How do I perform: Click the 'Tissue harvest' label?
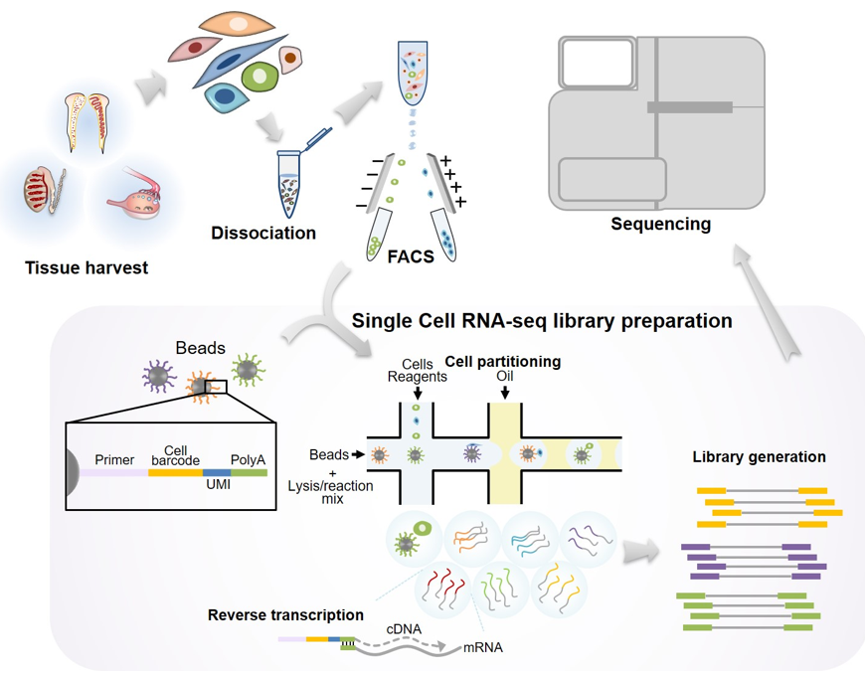pyautogui.click(x=86, y=267)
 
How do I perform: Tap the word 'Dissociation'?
pyautogui.click(x=263, y=233)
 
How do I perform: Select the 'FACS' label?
pyautogui.click(x=411, y=256)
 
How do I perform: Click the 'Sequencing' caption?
pyautogui.click(x=661, y=224)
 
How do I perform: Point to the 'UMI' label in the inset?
pyautogui.click(x=218, y=484)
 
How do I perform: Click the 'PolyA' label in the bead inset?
pyautogui.click(x=248, y=459)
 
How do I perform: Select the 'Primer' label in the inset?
pyautogui.click(x=114, y=459)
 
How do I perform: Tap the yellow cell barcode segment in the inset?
pyautogui.click(x=175, y=473)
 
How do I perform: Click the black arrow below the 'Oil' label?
pyautogui.click(x=505, y=393)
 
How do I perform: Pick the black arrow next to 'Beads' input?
pyautogui.click(x=358, y=454)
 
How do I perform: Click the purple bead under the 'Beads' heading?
pyautogui.click(x=159, y=377)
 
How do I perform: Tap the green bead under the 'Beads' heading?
pyautogui.click(x=248, y=370)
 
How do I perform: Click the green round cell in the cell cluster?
pyautogui.click(x=259, y=77)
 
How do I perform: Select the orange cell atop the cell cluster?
pyautogui.click(x=238, y=24)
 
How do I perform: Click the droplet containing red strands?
pyautogui.click(x=443, y=590)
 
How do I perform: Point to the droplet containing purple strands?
pyautogui.click(x=588, y=539)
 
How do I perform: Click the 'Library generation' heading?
pyautogui.click(x=759, y=457)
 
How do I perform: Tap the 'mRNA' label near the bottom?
pyautogui.click(x=482, y=647)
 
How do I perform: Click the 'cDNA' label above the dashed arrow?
pyautogui.click(x=404, y=629)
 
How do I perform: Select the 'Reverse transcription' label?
pyautogui.click(x=285, y=614)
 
